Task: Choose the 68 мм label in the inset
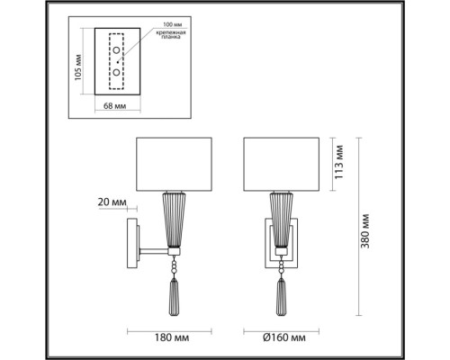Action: tap(114, 106)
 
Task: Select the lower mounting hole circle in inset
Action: tap(114, 71)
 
